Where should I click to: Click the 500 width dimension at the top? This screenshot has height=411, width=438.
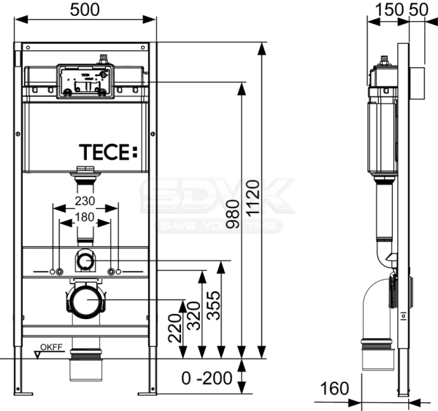click(86, 10)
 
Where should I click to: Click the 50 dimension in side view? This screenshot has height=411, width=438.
click(418, 9)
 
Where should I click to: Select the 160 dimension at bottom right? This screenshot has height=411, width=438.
click(335, 388)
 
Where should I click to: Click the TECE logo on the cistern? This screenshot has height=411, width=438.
click(107, 152)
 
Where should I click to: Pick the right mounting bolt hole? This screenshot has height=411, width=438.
click(111, 272)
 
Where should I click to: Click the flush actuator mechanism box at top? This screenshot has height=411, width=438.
click(85, 81)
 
